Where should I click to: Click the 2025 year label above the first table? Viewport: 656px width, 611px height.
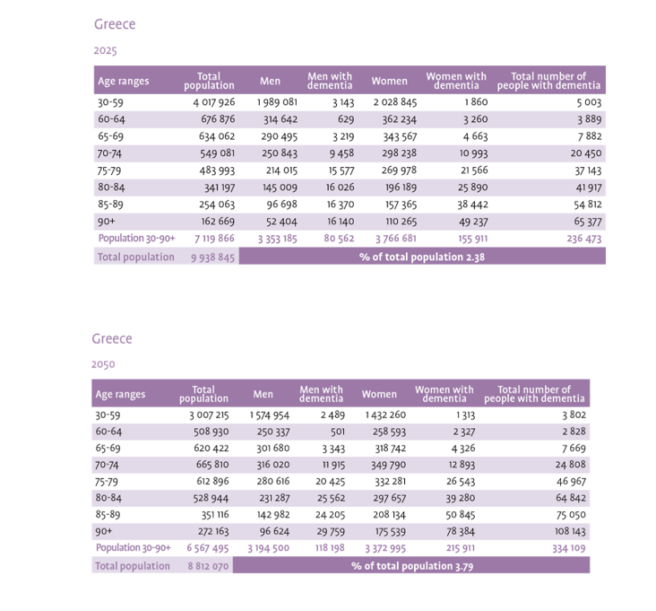[x=105, y=51]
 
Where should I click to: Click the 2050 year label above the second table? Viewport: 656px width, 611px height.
[x=103, y=364]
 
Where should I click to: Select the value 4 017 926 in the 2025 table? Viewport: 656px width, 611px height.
[x=213, y=102]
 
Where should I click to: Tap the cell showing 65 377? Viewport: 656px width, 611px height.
[x=583, y=221]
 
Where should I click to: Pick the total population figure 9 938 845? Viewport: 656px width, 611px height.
[x=212, y=257]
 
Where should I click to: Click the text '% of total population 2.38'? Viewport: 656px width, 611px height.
[x=422, y=257]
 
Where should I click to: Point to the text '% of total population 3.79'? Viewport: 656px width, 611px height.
[x=413, y=566]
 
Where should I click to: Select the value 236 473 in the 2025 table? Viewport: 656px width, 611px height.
[x=581, y=239]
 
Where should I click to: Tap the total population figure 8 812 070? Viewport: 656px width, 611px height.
[x=208, y=566]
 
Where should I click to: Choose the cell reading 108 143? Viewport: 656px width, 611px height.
[x=568, y=531]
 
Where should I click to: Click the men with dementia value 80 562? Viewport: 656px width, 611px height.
[x=335, y=239]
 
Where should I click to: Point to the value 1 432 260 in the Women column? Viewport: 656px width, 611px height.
[x=385, y=415]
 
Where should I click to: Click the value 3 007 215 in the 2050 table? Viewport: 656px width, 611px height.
[x=209, y=415]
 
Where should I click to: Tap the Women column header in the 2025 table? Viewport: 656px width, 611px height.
[x=389, y=82]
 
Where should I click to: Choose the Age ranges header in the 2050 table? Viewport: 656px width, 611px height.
[x=120, y=394]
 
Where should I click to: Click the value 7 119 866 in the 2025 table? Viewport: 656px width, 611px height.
[x=213, y=239]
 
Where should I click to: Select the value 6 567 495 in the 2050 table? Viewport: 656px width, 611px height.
[x=208, y=548]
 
